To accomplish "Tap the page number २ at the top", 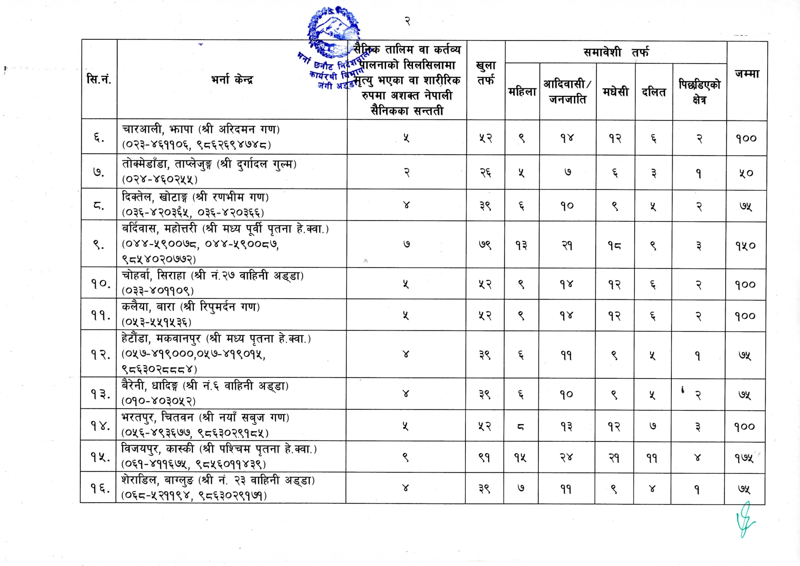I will [407, 21].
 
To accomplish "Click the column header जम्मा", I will [747, 74].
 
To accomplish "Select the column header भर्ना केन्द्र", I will [232, 79].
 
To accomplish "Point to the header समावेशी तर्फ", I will [616, 52].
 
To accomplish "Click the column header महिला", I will [522, 92].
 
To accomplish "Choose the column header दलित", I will [653, 92].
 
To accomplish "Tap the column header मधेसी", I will [615, 92].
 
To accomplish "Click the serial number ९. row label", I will [98, 245].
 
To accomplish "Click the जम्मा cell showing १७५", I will [744, 458].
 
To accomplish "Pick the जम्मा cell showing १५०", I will [745, 246].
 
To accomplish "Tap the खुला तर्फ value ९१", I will [485, 457].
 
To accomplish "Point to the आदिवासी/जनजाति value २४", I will [566, 457].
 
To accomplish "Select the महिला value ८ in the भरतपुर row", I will [521, 427].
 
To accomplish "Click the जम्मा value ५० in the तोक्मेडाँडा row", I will [746, 173].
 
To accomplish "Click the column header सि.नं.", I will [99, 79].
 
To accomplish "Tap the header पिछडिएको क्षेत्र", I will [699, 92].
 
